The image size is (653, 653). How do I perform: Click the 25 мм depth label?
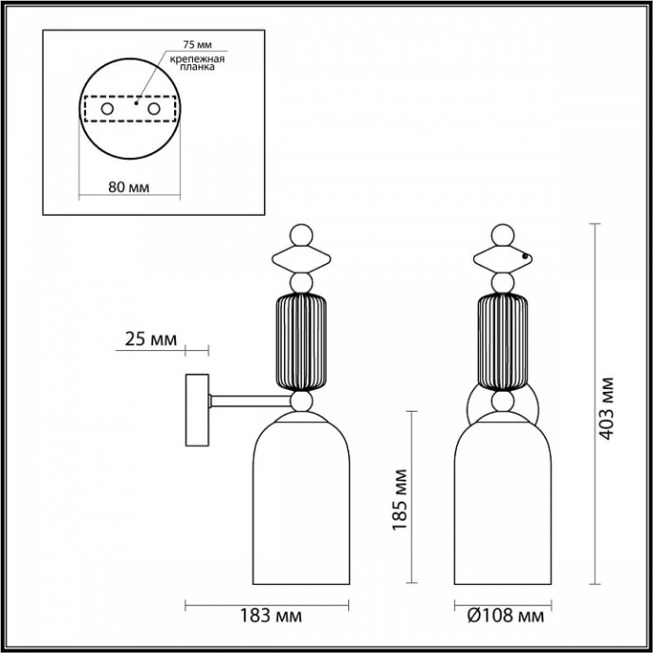[149, 339]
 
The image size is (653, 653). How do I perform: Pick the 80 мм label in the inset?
[129, 185]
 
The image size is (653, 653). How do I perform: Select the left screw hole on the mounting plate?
[107, 111]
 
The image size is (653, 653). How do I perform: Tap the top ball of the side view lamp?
[300, 234]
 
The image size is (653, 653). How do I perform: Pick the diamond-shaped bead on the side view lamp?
[300, 257]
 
